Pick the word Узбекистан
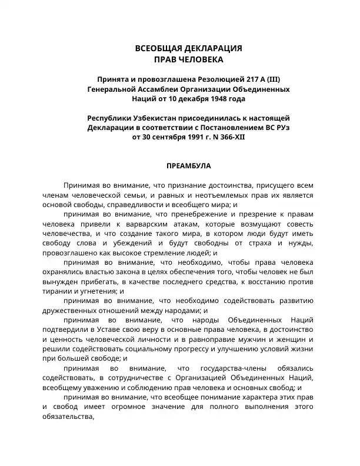[x=157, y=118]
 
